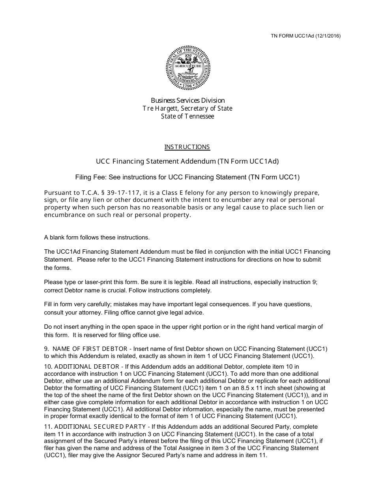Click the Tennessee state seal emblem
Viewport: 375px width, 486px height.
tap(188, 68)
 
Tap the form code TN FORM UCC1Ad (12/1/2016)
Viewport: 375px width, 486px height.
tap(306, 36)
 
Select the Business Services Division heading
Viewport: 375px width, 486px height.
tap(187, 100)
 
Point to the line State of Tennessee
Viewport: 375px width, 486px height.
tap(187, 116)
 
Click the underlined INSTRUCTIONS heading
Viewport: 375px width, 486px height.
tap(187, 147)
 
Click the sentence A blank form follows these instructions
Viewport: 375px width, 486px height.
tap(97, 237)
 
